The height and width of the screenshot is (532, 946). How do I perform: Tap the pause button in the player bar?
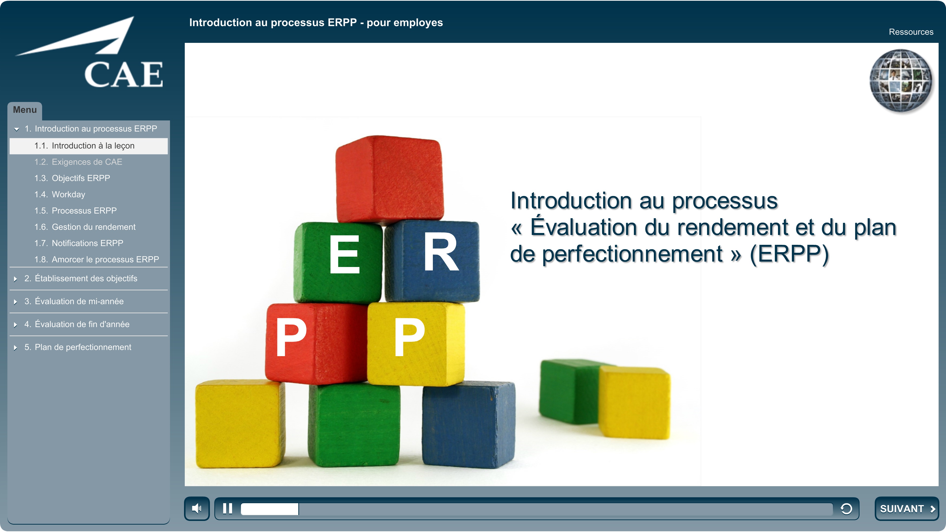click(x=228, y=509)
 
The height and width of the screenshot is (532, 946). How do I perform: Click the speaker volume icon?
click(x=197, y=509)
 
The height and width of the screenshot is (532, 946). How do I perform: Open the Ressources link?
click(x=911, y=32)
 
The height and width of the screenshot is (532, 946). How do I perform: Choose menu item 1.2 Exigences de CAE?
click(x=78, y=162)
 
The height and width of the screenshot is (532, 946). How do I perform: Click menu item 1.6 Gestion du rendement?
click(x=85, y=227)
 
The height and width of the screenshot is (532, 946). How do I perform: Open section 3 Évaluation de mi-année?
click(x=74, y=301)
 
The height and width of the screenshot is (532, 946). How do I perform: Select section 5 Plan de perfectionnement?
click(x=78, y=347)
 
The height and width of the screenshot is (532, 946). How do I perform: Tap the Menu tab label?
click(x=25, y=110)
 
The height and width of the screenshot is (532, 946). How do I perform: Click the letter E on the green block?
click(x=344, y=254)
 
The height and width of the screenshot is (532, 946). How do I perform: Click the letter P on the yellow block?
click(x=409, y=337)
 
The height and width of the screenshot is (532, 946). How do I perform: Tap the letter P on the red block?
click(x=291, y=337)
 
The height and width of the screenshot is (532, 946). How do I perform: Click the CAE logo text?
click(x=124, y=75)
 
